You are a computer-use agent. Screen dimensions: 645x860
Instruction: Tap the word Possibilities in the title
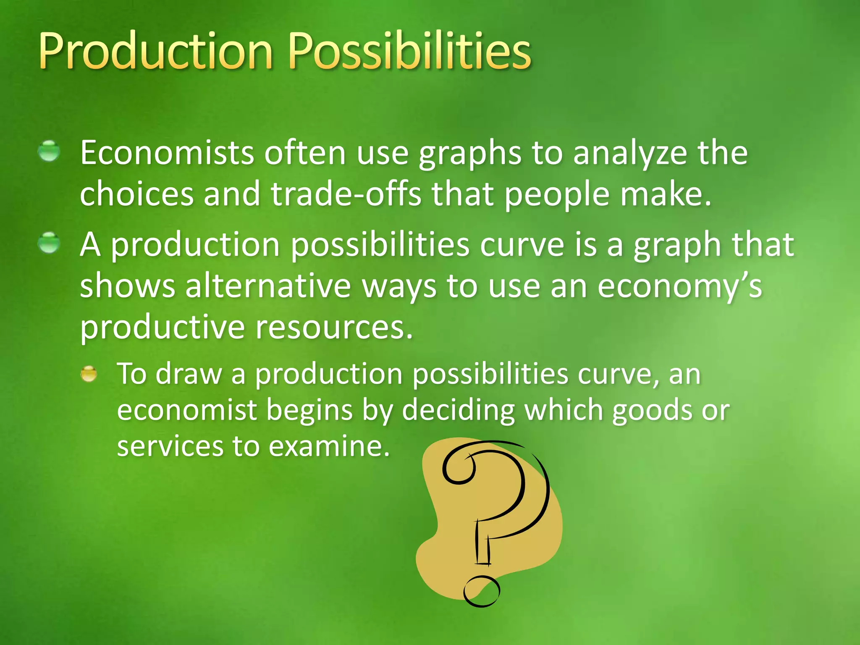pyautogui.click(x=410, y=52)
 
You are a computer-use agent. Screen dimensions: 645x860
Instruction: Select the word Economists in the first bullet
pyautogui.click(x=167, y=153)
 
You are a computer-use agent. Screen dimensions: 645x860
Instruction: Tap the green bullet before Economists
pyautogui.click(x=49, y=151)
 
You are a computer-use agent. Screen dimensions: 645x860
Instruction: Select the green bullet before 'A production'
pyautogui.click(x=49, y=243)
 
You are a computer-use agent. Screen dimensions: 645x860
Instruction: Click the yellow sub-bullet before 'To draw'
pyautogui.click(x=89, y=373)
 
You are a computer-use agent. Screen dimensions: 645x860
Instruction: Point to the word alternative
pyautogui.click(x=268, y=286)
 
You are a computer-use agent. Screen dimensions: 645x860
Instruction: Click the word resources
pyautogui.click(x=334, y=327)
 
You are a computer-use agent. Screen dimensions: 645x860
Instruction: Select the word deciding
pyautogui.click(x=458, y=410)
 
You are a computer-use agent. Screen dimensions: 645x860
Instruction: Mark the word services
pyautogui.click(x=170, y=446)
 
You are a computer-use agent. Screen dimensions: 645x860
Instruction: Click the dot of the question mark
pyautogui.click(x=482, y=591)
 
